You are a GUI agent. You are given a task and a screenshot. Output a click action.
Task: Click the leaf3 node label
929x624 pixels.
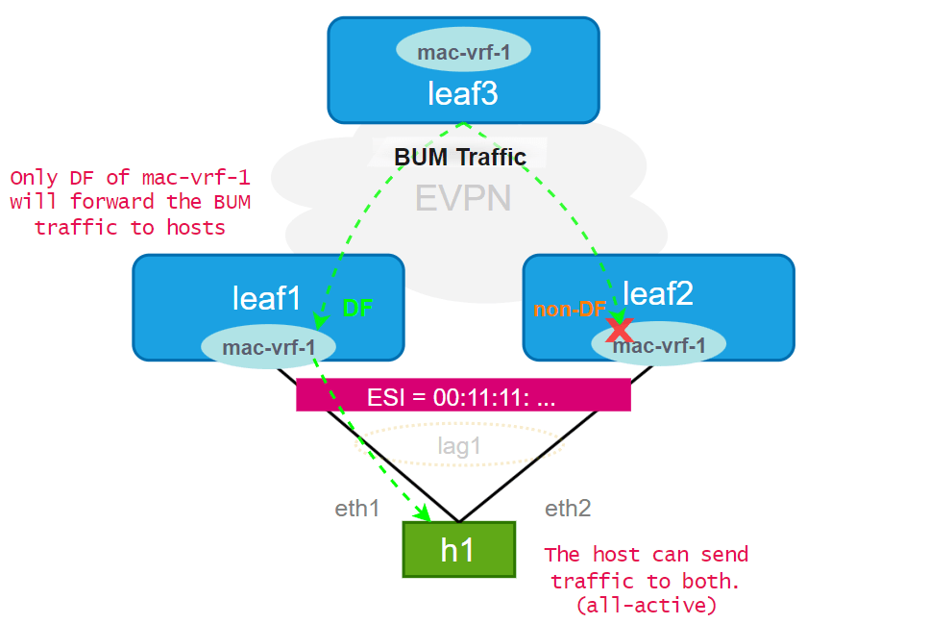pos(462,93)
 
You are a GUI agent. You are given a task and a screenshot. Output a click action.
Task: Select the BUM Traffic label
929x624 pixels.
pos(460,156)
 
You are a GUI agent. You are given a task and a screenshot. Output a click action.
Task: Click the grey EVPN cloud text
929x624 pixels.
pos(462,198)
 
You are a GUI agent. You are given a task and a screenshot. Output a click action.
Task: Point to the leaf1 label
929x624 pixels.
pos(266,298)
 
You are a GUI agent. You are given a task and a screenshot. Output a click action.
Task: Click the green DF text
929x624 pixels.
pos(358,308)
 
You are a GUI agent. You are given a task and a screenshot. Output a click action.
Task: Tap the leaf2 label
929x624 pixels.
pos(658,293)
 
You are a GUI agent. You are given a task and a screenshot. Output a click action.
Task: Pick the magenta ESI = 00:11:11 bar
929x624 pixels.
pos(463,395)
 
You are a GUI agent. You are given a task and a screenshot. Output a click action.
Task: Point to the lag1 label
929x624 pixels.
pos(459,445)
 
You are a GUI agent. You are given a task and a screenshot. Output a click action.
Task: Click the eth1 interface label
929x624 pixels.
pos(356,509)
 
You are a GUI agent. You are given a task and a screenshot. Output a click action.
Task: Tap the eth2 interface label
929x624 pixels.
pos(568,509)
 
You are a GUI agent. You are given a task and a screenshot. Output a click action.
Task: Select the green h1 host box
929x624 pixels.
pos(458,549)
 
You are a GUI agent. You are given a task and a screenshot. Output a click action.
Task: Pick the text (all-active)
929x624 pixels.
pos(647,606)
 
